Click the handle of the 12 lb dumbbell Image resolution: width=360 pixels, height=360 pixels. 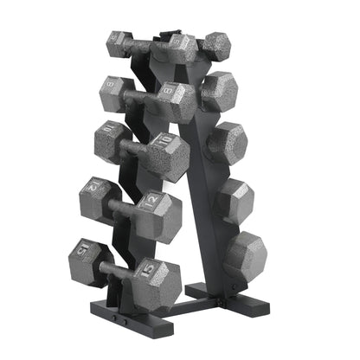coord(121,205)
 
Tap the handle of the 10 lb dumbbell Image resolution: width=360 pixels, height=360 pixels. coord(135,148)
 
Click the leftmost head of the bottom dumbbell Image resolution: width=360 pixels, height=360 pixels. coord(87,255)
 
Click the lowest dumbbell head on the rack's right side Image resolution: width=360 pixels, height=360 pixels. coord(246,254)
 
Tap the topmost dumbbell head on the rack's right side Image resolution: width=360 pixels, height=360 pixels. coord(216,43)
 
